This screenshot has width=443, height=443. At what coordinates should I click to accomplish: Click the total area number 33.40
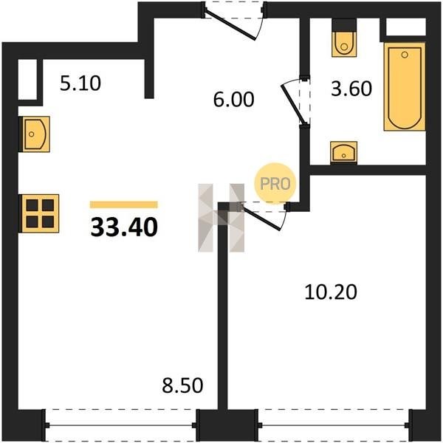(x=124, y=227)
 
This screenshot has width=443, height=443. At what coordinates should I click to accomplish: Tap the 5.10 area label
(x=80, y=83)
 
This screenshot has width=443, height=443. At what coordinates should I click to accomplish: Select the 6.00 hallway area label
(x=233, y=100)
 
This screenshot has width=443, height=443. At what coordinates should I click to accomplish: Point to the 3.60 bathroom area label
(x=351, y=89)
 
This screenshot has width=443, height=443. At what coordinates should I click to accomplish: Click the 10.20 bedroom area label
(x=331, y=292)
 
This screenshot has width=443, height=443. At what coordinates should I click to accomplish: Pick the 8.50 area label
(x=182, y=385)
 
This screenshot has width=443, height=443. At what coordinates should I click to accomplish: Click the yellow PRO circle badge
(x=275, y=183)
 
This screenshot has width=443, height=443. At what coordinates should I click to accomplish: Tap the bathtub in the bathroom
(x=405, y=86)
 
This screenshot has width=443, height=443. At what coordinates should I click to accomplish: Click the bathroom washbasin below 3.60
(x=343, y=152)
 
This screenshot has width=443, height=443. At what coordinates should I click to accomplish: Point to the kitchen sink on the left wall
(x=35, y=134)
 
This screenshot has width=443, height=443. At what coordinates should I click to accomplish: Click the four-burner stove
(x=39, y=213)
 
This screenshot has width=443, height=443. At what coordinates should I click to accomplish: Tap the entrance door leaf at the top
(x=230, y=24)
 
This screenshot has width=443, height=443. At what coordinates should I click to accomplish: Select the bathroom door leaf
(x=293, y=104)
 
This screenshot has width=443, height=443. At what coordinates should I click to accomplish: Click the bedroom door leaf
(x=261, y=218)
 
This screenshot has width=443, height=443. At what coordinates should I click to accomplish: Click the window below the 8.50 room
(x=120, y=425)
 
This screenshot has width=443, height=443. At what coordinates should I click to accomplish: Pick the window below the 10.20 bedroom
(x=333, y=425)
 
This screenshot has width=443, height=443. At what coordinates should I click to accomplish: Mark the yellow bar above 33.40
(x=124, y=205)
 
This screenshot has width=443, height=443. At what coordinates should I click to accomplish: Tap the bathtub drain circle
(x=405, y=55)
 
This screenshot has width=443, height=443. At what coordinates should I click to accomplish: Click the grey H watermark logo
(x=221, y=218)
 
